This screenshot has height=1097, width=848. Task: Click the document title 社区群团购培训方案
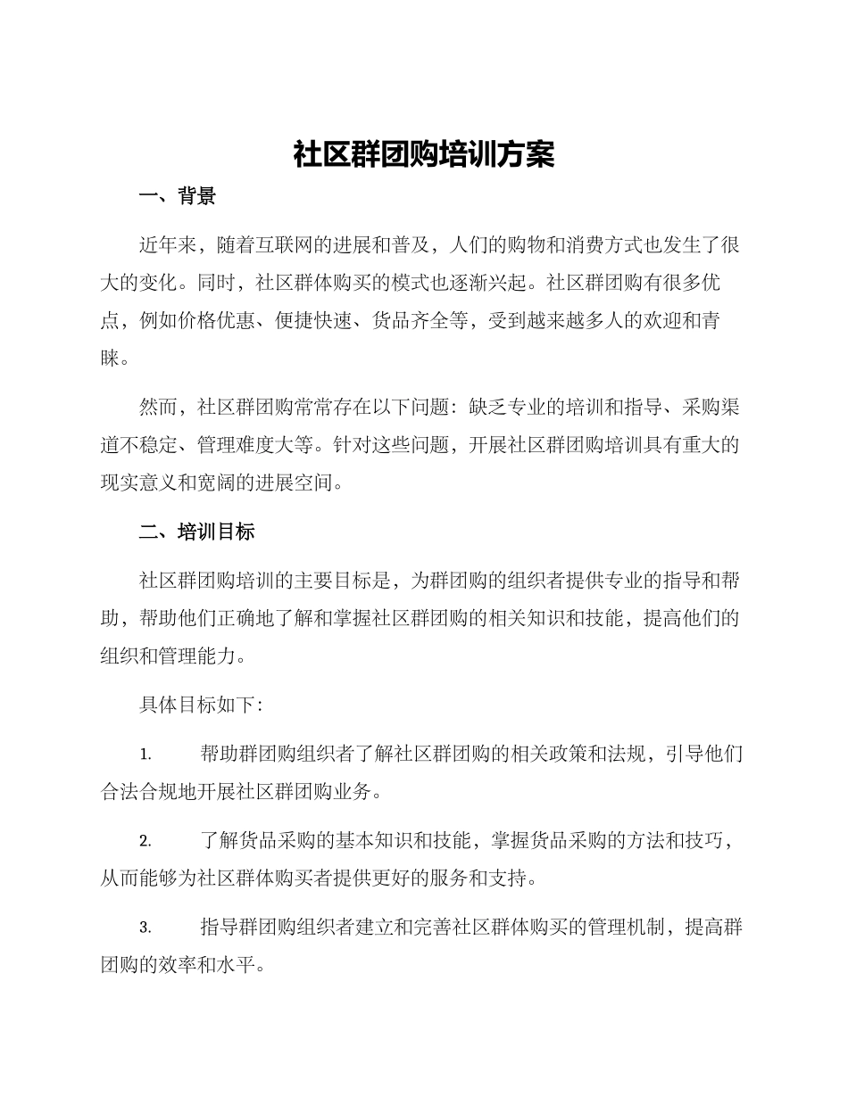[x=424, y=155]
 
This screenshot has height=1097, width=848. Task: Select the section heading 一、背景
[x=178, y=197]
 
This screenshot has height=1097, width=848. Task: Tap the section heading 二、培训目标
[x=197, y=532]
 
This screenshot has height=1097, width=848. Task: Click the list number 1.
[x=145, y=755]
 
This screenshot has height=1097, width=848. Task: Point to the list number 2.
[x=145, y=841]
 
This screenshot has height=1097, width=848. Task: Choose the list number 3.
[x=145, y=928]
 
